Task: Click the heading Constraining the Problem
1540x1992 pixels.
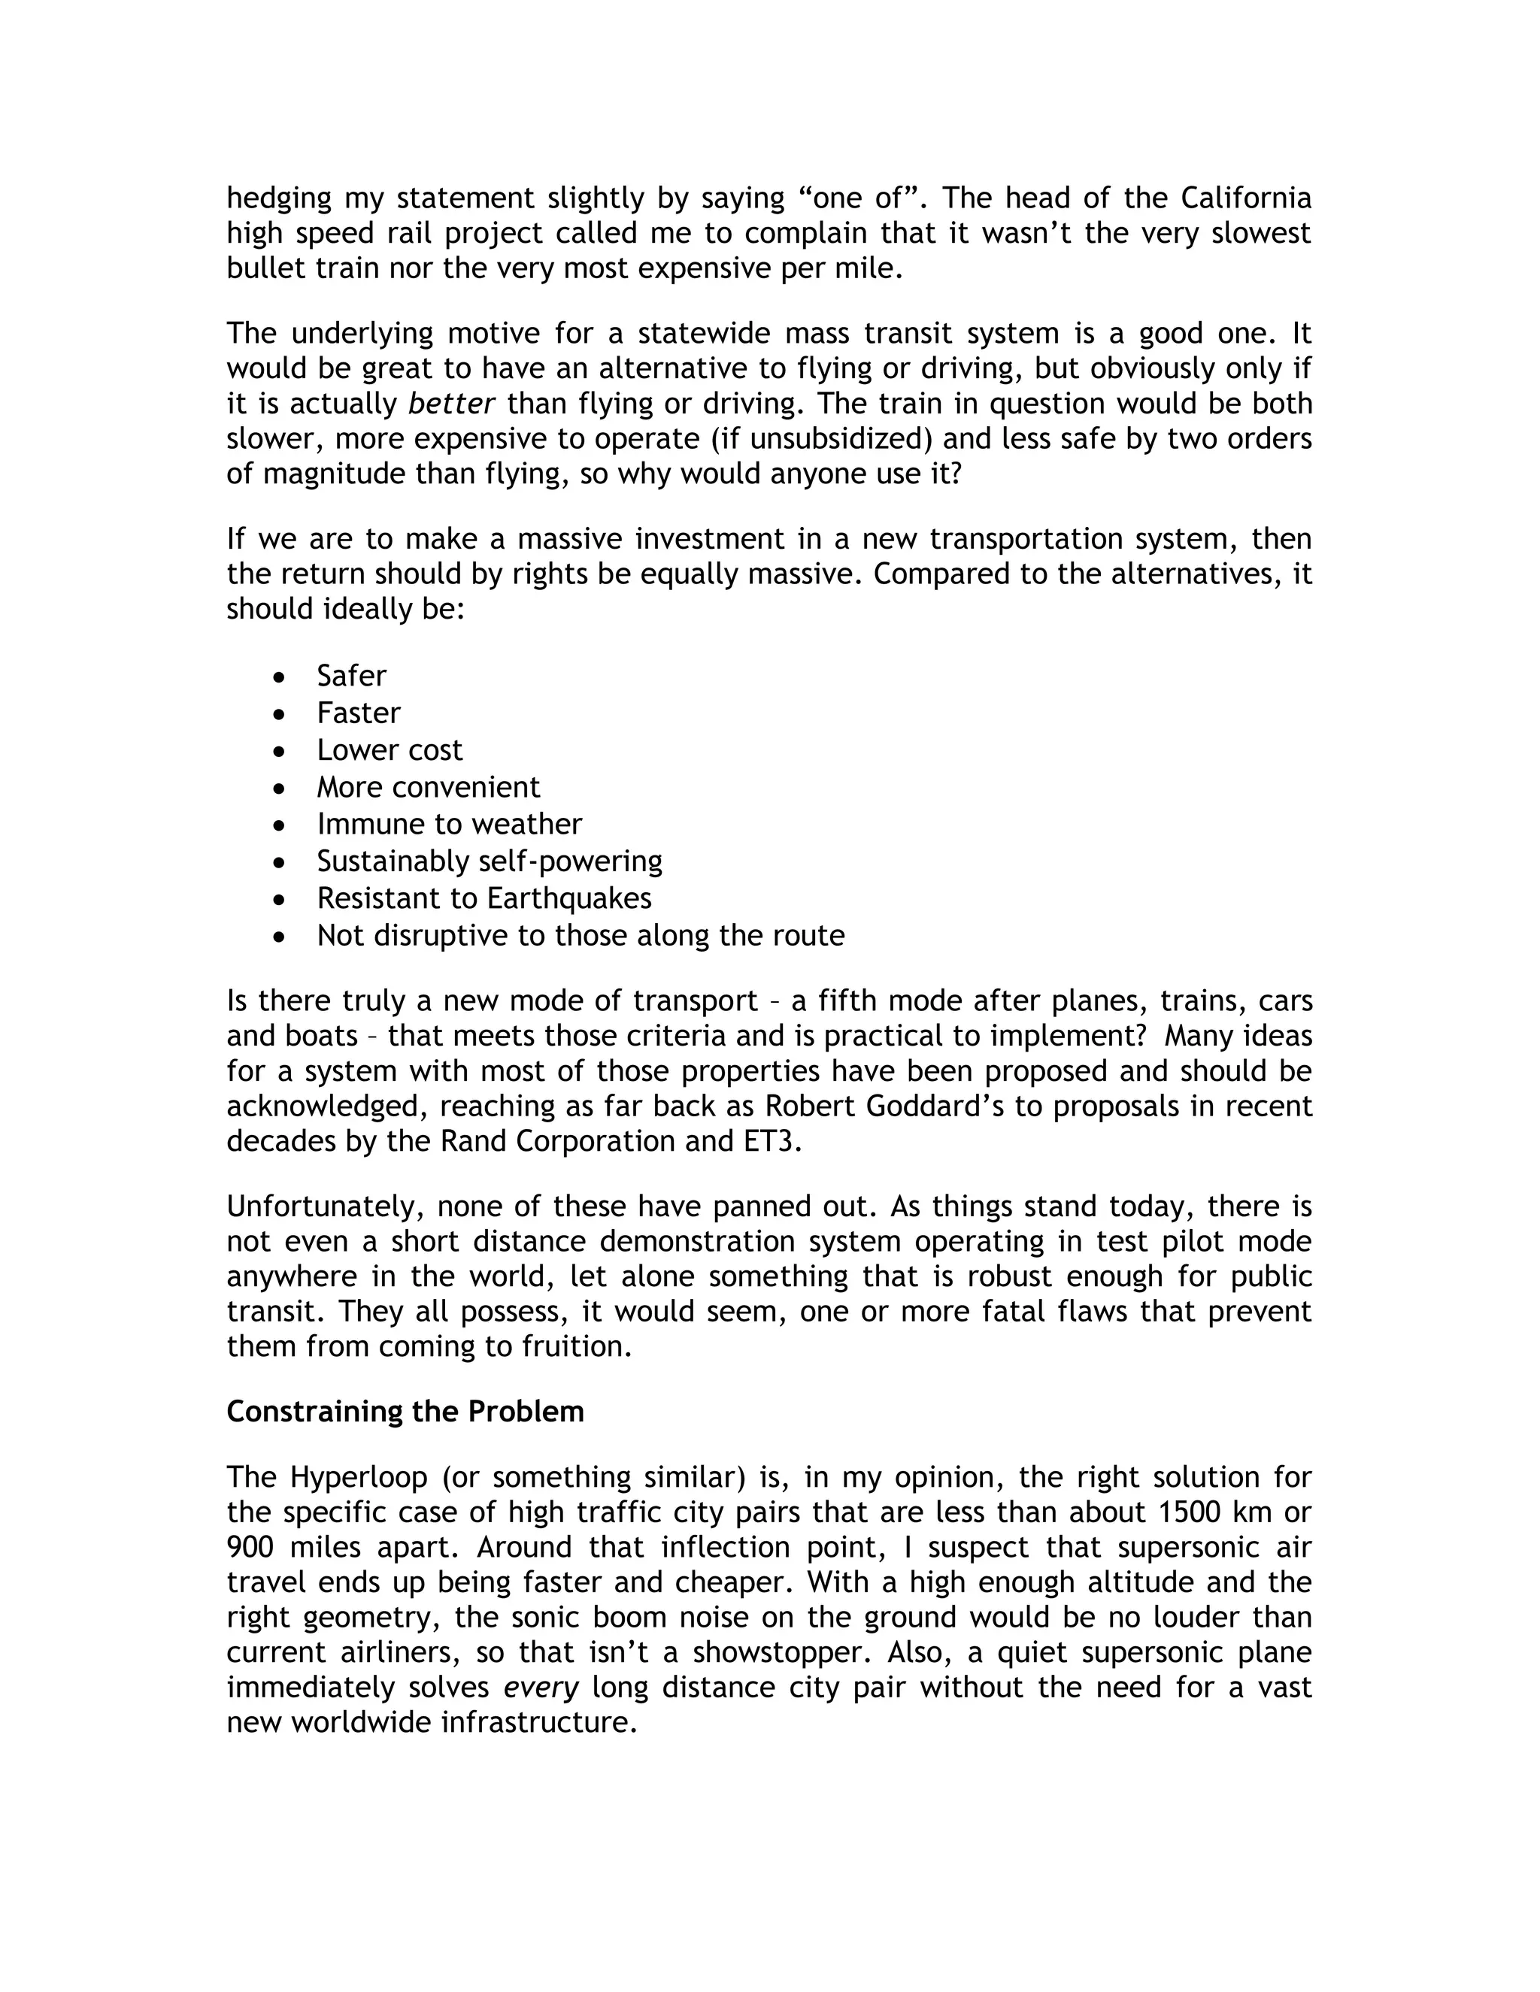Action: (405, 1411)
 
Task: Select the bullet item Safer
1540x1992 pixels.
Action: (351, 676)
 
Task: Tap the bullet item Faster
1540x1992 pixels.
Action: (359, 713)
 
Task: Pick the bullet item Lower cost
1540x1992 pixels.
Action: (390, 749)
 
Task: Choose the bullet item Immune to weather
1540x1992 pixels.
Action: (449, 824)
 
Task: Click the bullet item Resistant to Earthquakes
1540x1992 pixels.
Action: (484, 898)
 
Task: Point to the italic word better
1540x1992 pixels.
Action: (452, 404)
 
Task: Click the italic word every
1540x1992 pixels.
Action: (541, 1688)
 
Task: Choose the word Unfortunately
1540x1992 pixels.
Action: (326, 1206)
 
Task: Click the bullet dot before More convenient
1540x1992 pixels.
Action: (280, 787)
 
